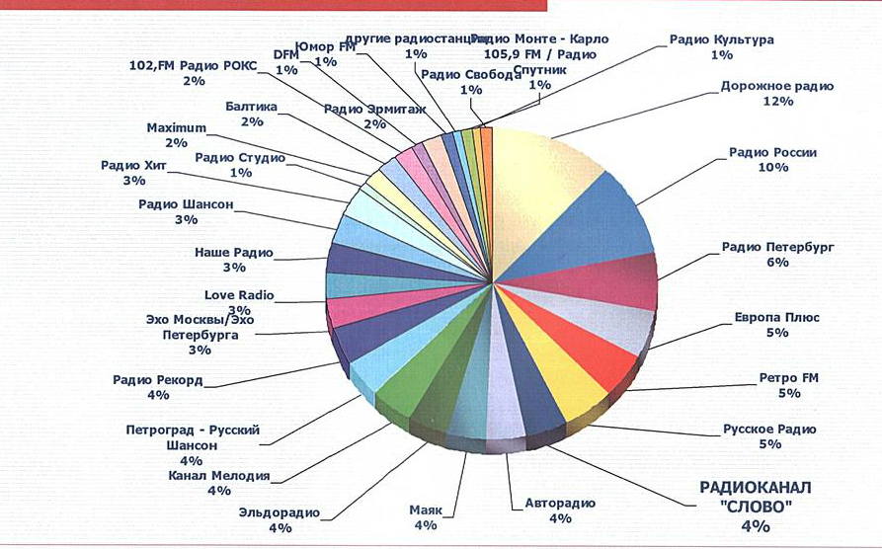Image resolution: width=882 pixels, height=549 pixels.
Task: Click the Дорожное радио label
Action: (776, 86)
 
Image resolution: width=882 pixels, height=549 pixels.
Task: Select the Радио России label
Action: (773, 153)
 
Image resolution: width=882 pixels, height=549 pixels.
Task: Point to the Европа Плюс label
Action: (776, 318)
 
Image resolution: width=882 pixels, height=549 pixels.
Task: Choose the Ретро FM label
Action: (789, 377)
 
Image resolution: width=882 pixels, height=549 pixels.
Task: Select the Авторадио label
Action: (561, 504)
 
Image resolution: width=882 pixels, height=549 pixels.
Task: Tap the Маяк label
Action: (426, 510)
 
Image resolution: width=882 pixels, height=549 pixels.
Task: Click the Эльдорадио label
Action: (280, 512)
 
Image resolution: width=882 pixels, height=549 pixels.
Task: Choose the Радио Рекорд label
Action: (158, 379)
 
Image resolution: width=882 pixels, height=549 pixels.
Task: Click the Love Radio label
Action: (239, 295)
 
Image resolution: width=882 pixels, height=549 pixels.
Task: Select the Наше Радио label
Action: (233, 253)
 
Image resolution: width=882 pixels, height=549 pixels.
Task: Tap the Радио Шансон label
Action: (186, 204)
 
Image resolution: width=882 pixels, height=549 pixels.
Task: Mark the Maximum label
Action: (176, 128)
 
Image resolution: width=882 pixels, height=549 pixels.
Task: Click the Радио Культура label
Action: (721, 40)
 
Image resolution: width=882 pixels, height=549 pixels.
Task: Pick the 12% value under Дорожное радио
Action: (777, 102)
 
